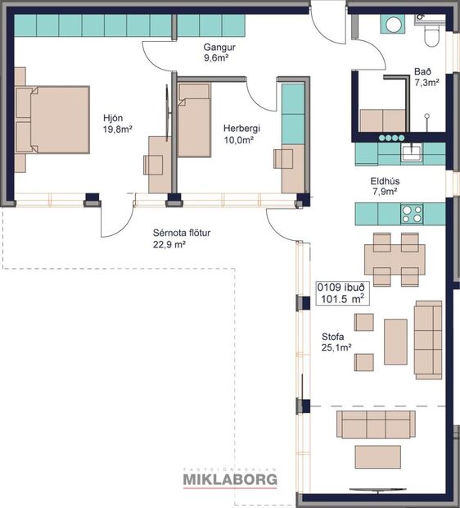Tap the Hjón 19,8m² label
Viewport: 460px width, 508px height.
(x=117, y=124)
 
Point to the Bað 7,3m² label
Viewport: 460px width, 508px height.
(x=427, y=78)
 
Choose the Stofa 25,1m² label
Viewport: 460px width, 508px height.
(x=336, y=342)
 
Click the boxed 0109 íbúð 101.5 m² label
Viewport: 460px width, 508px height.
(x=341, y=293)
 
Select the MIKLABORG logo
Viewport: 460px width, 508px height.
(x=229, y=479)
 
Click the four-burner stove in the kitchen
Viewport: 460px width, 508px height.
(x=411, y=214)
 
